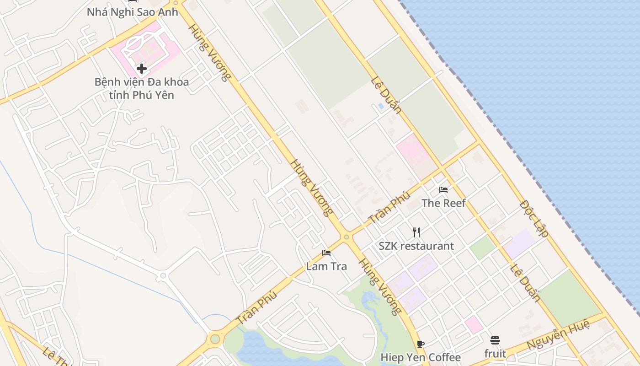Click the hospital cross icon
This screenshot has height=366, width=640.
click(142, 69)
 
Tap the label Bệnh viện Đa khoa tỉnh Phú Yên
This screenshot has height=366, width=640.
click(142, 89)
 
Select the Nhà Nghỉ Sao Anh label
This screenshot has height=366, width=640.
click(132, 12)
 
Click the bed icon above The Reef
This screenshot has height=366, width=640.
click(443, 189)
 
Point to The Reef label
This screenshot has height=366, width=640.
click(443, 203)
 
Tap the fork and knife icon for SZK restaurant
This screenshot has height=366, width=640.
click(416, 232)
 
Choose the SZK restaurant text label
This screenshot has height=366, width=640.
click(416, 246)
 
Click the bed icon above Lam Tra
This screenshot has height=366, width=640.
click(326, 253)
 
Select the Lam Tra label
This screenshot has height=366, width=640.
click(326, 266)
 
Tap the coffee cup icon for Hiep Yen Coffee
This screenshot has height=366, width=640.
click(421, 344)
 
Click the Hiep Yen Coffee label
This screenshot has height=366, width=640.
click(421, 357)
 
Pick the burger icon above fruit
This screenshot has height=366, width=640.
click(495, 340)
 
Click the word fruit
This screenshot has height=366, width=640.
click(495, 354)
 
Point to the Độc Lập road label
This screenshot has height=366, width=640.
click(534, 218)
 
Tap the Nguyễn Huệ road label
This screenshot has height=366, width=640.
click(558, 335)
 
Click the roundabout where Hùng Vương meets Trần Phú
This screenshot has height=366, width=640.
click(346, 237)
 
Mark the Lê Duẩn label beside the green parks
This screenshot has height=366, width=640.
click(386, 95)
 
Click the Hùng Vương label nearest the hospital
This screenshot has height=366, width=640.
click(209, 52)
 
